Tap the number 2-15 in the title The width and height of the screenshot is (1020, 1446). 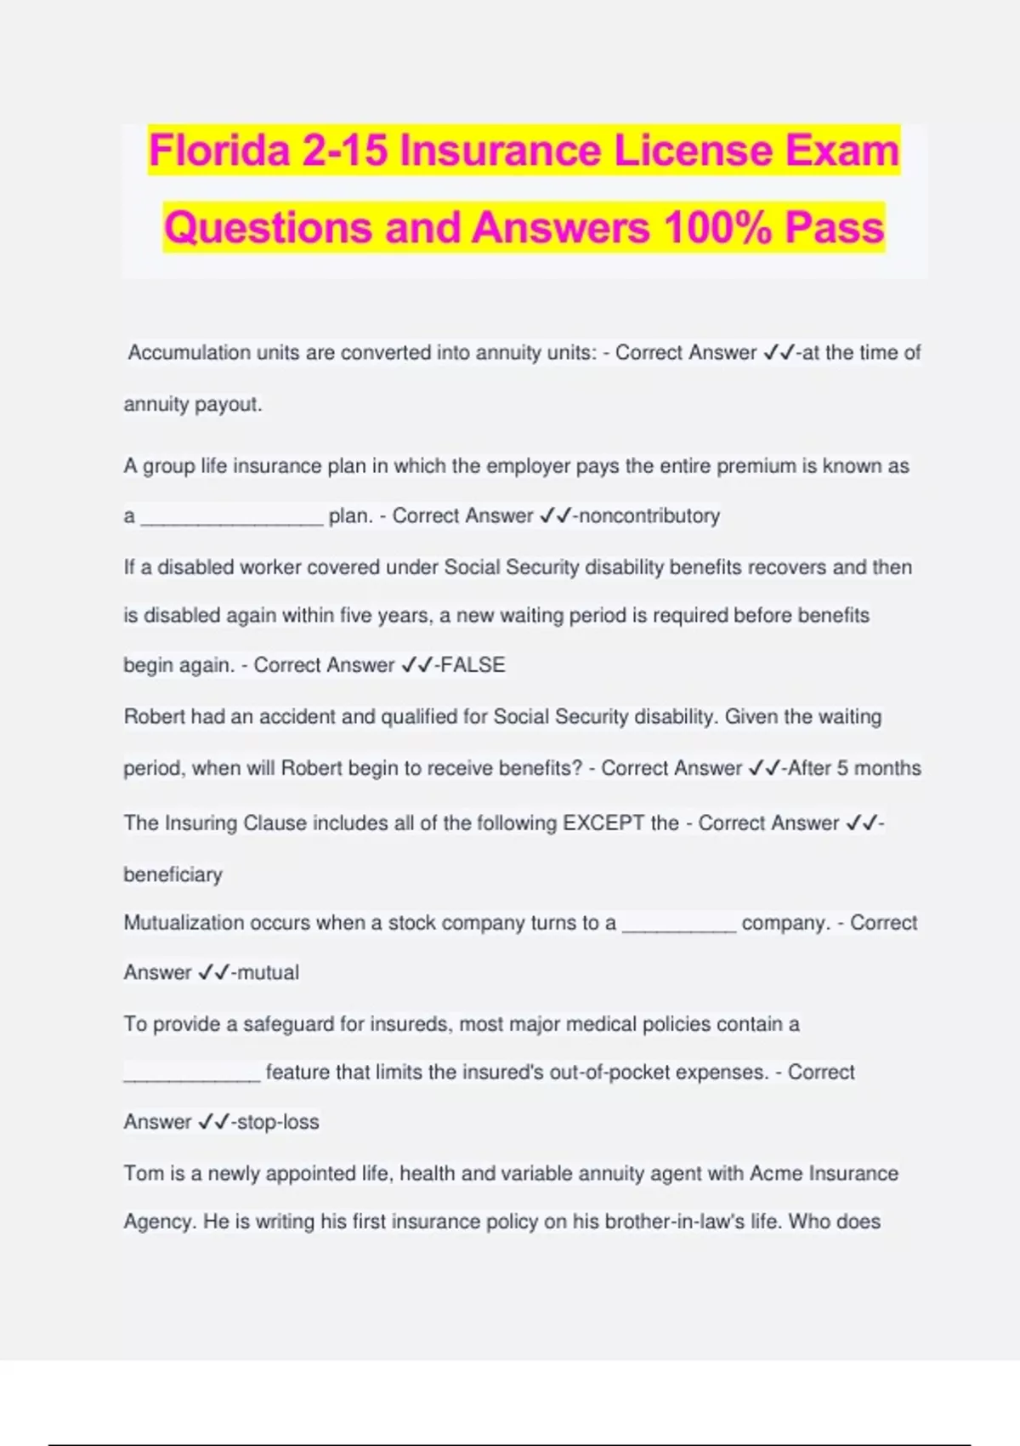(344, 151)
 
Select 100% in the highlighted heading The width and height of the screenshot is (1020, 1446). (717, 228)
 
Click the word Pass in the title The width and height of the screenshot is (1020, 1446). (835, 228)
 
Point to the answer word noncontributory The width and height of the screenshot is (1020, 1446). (649, 515)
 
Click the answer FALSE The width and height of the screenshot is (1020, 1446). (473, 665)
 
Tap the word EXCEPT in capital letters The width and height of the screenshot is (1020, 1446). (603, 823)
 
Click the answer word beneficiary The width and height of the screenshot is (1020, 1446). (173, 874)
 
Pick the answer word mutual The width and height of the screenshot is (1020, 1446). (268, 972)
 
